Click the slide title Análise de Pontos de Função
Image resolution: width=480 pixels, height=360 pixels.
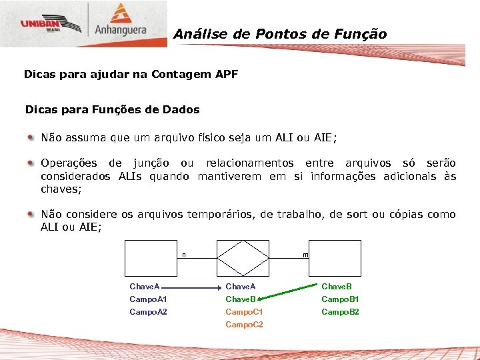280,34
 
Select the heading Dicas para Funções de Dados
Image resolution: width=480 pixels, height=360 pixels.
112,109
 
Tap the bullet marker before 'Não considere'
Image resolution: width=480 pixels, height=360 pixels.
31,214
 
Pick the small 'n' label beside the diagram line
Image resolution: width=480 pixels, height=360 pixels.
184,255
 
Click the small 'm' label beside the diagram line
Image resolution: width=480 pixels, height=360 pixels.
305,255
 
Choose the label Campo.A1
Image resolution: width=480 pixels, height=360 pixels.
148,299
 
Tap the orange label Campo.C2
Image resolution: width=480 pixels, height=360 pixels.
244,325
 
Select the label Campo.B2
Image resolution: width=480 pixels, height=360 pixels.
340,312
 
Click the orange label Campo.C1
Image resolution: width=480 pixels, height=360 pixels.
244,312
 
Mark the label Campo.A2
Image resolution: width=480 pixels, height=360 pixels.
148,312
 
